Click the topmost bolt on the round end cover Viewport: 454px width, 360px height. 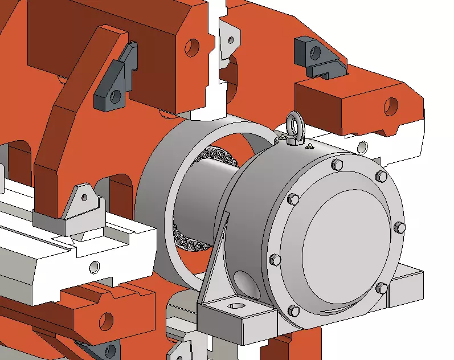[x=337, y=165]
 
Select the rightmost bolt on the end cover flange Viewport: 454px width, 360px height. [x=400, y=227]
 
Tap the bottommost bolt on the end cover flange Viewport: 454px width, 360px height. [x=294, y=310]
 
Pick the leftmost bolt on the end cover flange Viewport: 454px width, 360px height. [x=276, y=260]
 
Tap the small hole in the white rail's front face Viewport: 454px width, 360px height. [x=94, y=265]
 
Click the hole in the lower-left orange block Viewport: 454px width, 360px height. [x=106, y=318]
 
